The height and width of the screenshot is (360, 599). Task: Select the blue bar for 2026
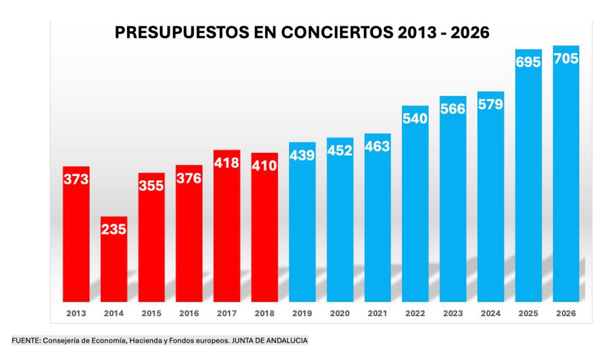point(566,181)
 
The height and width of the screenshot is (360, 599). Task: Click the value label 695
point(528,62)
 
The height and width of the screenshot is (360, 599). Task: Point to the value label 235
point(113,229)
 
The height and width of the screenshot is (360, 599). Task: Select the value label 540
point(415,118)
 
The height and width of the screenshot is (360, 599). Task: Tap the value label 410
point(264,165)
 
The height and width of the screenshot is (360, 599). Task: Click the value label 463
point(377,146)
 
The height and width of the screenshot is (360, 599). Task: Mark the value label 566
point(453,108)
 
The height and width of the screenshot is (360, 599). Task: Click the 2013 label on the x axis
point(76,314)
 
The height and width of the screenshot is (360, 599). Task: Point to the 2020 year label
point(339,314)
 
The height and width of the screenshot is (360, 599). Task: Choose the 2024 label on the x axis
point(491,314)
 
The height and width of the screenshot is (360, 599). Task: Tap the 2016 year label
point(189,314)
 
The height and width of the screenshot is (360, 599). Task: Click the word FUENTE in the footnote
point(25,341)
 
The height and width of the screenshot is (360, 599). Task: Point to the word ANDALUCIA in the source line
point(286,341)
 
